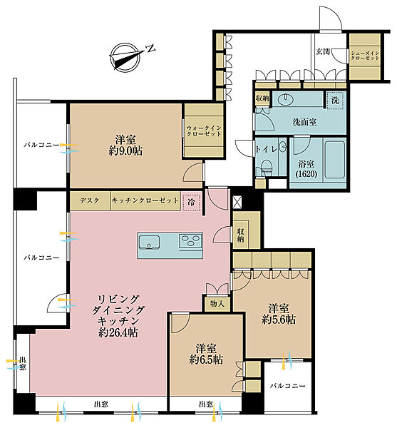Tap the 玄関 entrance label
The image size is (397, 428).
pos(323,51)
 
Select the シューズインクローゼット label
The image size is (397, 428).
pos(365,56)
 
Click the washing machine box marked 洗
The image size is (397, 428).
pos(335,101)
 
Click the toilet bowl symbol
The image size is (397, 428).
pos(267,167)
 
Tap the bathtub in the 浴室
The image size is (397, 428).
pos(334,159)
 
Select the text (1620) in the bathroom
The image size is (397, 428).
pos(306,174)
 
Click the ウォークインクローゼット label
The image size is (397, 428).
pos(204,131)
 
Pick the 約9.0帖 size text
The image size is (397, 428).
pos(125,151)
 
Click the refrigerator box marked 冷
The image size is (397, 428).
pos(192,203)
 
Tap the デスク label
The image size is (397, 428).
pos(89,200)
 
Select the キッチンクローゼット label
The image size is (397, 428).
pos(145,200)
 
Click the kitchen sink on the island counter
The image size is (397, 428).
pos(149,243)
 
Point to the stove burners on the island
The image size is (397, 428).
pos(190,241)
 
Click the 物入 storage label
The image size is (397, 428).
pos(217,304)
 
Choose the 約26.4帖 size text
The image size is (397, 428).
pos(118,332)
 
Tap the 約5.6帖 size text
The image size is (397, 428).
pos(279,320)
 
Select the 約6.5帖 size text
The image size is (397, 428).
pos(206,360)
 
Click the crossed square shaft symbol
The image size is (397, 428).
pos(237,203)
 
